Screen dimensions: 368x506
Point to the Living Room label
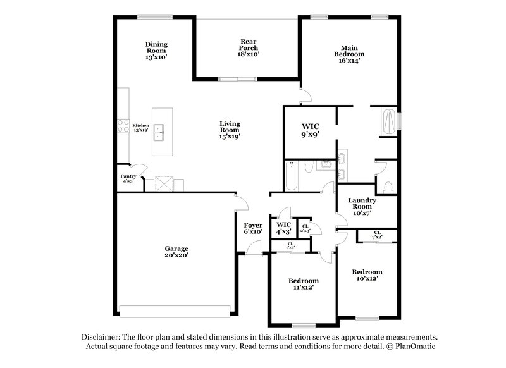point(230,129)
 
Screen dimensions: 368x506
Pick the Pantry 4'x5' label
point(128,178)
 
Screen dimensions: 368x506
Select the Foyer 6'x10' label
point(253,228)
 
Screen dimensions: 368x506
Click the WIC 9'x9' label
point(310,130)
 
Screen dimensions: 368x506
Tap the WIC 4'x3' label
point(283,228)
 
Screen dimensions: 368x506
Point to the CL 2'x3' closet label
point(305,228)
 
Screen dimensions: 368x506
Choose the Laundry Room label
point(362,207)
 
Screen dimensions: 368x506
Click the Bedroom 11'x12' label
point(304,283)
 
